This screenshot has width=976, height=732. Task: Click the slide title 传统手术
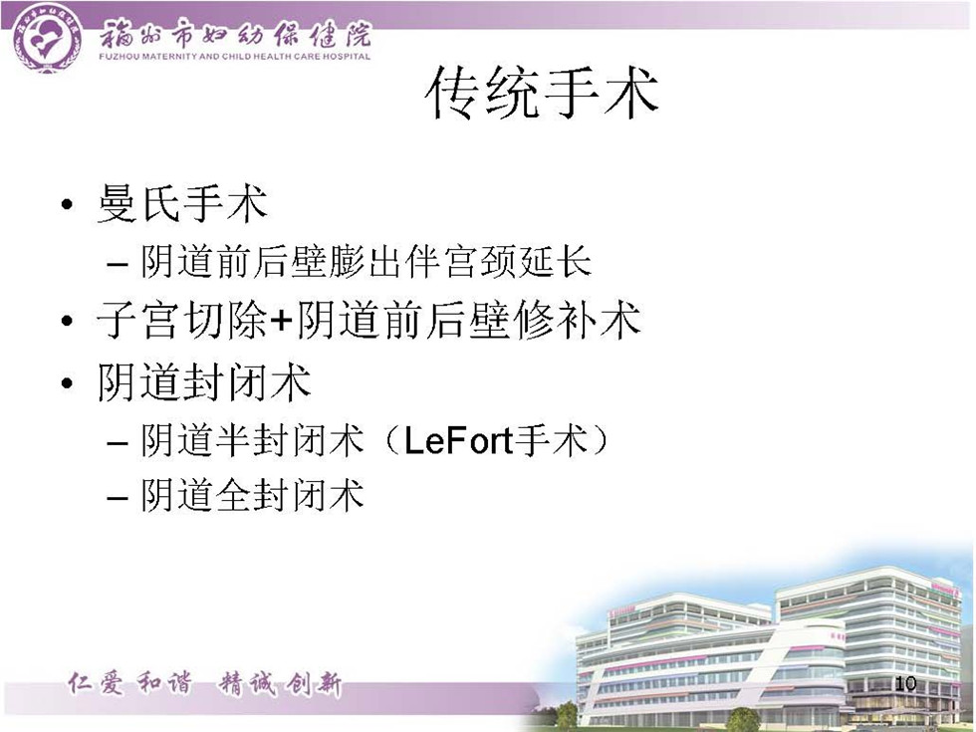(x=542, y=93)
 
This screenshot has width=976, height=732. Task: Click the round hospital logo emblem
(x=48, y=38)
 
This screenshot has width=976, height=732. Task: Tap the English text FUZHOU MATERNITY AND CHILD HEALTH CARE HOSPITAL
(x=235, y=56)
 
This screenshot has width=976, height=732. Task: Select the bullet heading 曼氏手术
(x=182, y=203)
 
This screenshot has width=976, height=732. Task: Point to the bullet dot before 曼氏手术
(x=68, y=205)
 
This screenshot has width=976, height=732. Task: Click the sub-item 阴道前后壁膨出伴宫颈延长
(x=366, y=261)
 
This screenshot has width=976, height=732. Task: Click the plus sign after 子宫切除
(x=281, y=321)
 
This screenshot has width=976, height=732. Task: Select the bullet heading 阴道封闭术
(x=204, y=381)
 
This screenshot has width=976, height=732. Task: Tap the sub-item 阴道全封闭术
(x=252, y=496)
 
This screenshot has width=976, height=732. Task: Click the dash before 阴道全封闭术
(x=118, y=498)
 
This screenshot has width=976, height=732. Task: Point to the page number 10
(x=905, y=683)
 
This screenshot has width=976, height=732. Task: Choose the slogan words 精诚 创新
(x=280, y=685)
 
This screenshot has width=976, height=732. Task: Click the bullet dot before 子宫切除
(x=68, y=321)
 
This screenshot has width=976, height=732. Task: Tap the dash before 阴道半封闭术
(x=118, y=443)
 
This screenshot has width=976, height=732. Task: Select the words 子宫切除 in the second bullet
(x=182, y=321)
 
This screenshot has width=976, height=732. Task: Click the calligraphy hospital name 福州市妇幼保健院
(x=235, y=34)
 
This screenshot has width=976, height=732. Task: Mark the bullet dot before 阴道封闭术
(x=68, y=382)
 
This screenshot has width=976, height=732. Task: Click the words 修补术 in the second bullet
(x=578, y=321)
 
